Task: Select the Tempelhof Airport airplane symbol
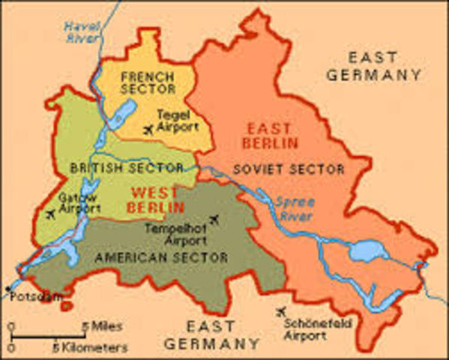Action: tap(216, 220)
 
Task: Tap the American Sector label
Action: tap(161, 257)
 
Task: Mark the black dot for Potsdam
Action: tap(8, 288)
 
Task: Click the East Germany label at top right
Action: tap(385, 66)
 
